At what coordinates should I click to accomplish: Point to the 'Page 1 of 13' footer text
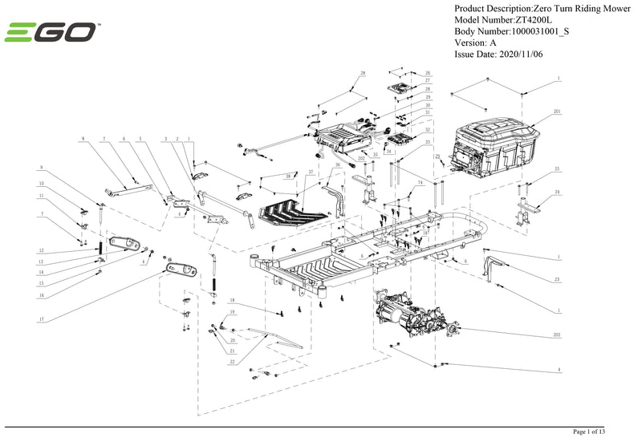pyautogui.click(x=595, y=432)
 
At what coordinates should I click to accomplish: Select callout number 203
pyautogui.click(x=557, y=334)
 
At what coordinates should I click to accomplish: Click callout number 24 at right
pyautogui.click(x=557, y=193)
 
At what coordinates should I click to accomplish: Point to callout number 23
pyautogui.click(x=557, y=279)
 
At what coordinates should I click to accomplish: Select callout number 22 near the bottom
pyautogui.click(x=231, y=363)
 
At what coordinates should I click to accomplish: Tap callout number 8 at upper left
pyautogui.click(x=82, y=140)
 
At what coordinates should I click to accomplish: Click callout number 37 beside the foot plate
pyautogui.click(x=311, y=172)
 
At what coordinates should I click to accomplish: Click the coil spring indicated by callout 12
pyautogui.click(x=100, y=248)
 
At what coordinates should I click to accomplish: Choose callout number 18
pyautogui.click(x=231, y=300)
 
